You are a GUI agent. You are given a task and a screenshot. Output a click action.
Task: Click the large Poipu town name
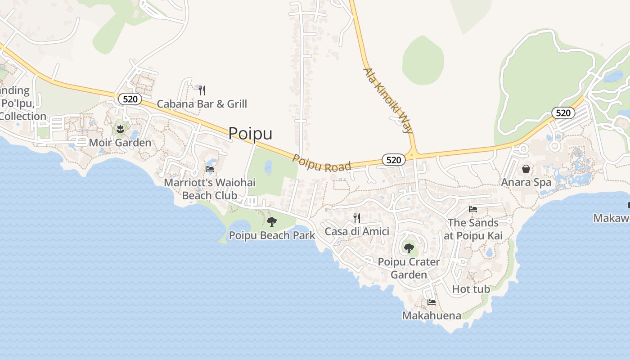tap(250, 133)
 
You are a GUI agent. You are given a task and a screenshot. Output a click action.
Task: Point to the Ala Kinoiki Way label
tap(388, 101)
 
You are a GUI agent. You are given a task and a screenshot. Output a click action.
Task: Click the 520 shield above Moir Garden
tap(130, 99)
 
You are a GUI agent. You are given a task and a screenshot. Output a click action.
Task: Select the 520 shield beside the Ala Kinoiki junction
tap(393, 160)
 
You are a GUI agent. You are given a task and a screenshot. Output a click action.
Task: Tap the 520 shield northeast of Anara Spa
tap(563, 113)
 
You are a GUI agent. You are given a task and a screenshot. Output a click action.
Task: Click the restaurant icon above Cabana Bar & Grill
tap(202, 90)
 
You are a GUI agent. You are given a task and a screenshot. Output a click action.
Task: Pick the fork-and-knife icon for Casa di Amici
tap(357, 218)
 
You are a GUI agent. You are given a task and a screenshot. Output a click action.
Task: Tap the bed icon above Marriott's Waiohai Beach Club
tap(210, 169)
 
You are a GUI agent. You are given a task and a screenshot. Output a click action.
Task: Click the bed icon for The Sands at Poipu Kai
tap(473, 209)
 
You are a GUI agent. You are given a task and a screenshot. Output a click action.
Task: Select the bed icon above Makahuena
tap(432, 302)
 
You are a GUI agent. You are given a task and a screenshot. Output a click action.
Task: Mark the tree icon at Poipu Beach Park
tap(272, 221)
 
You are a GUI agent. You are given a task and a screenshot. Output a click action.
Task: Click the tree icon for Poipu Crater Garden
tap(409, 248)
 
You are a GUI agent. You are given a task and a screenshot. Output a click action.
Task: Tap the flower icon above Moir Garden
tap(120, 130)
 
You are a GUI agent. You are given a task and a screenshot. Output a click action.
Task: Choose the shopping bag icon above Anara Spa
tap(526, 169)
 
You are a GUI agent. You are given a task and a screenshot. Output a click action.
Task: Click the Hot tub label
tap(471, 289)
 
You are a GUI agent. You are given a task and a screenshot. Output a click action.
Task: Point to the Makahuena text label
tap(432, 315)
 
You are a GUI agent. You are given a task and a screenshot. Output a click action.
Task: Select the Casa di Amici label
tap(357, 231)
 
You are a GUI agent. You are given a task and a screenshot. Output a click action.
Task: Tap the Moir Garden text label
tap(120, 143)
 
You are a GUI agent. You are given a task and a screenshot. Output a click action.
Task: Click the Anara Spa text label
tap(526, 182)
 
